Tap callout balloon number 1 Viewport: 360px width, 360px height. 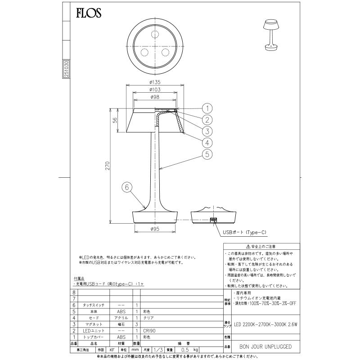pyautogui.click(x=207, y=108)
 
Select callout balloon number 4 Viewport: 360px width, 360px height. pyautogui.click(x=207, y=143)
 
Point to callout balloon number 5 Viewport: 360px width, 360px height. pyautogui.click(x=207, y=155)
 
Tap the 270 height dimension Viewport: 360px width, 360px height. pyautogui.click(x=106, y=166)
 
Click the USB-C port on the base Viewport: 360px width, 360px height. pyautogui.click(x=214, y=220)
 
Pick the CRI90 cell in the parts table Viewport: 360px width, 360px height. pyautogui.click(x=149, y=330)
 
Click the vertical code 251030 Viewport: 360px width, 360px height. pyautogui.click(x=66, y=70)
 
